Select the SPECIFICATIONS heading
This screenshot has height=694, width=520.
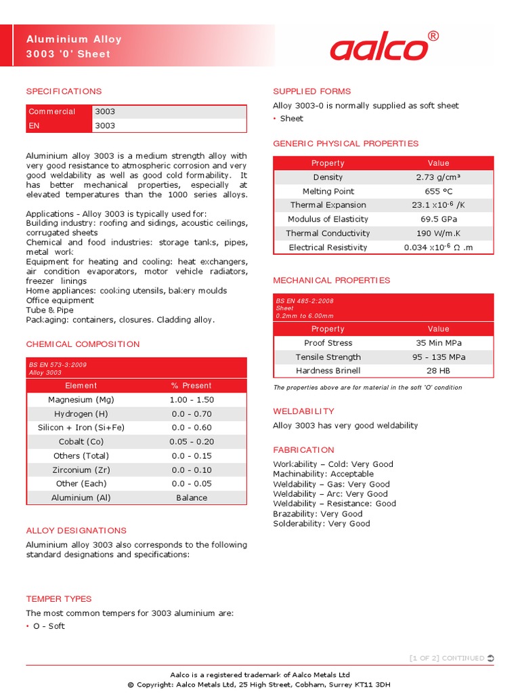[64, 91]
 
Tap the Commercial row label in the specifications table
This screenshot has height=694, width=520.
[52, 111]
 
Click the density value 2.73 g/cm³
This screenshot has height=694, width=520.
[438, 177]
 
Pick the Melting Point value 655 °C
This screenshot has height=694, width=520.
[438, 191]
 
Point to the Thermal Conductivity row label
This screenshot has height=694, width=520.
[328, 233]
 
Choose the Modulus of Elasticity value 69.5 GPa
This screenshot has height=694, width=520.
[438, 219]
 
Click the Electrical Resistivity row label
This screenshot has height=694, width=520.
[328, 247]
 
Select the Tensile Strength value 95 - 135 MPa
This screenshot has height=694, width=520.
[438, 357]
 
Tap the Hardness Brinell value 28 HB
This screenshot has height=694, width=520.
[438, 371]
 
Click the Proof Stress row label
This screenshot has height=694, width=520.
[328, 343]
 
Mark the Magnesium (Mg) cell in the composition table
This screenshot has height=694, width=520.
[81, 400]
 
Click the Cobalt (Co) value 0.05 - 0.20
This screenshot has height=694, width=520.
[192, 442]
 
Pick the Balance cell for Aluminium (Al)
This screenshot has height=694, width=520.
[192, 497]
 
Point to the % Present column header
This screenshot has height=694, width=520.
[192, 386]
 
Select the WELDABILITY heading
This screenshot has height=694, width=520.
[303, 411]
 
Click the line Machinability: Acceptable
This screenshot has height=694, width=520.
[323, 474]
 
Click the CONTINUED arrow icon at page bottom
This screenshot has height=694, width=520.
[491, 658]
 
